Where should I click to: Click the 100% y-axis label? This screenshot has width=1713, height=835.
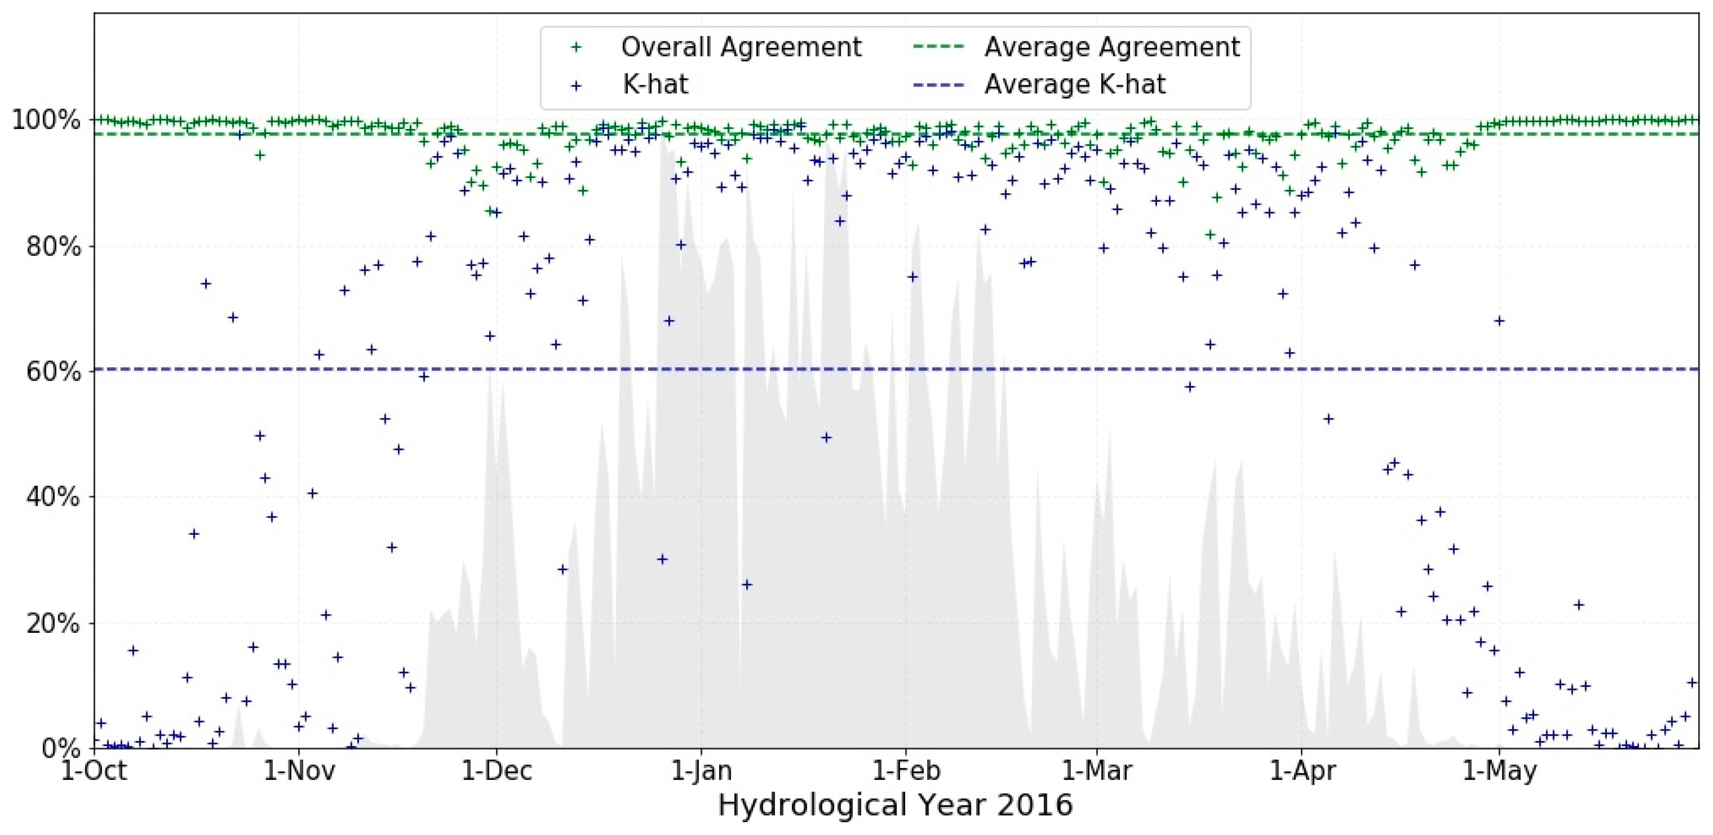(47, 120)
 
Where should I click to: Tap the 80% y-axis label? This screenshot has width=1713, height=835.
(53, 246)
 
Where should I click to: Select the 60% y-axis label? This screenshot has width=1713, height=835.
(53, 372)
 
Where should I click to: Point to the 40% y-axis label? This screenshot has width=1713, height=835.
(53, 497)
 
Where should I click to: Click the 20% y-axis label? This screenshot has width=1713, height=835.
(53, 624)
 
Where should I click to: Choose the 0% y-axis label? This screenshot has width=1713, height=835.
(60, 748)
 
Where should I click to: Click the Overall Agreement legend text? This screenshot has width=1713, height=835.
(741, 47)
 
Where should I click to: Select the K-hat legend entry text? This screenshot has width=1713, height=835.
(655, 84)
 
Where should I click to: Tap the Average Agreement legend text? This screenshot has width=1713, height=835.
(1112, 47)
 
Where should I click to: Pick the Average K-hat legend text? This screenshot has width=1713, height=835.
(1075, 84)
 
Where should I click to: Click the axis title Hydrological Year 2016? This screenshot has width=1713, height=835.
(896, 805)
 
